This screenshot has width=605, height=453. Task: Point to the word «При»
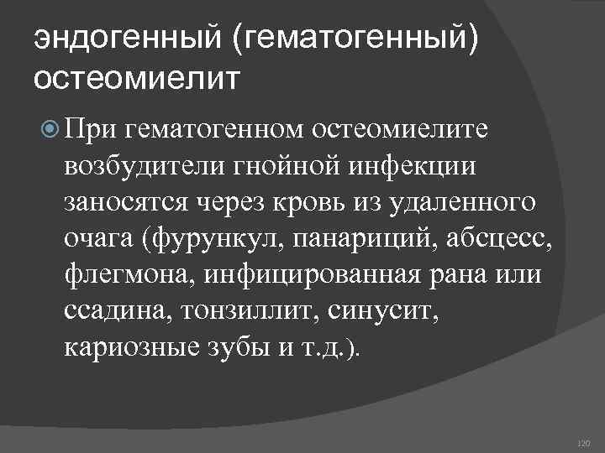click(x=92, y=128)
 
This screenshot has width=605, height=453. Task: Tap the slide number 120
click(x=585, y=442)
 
